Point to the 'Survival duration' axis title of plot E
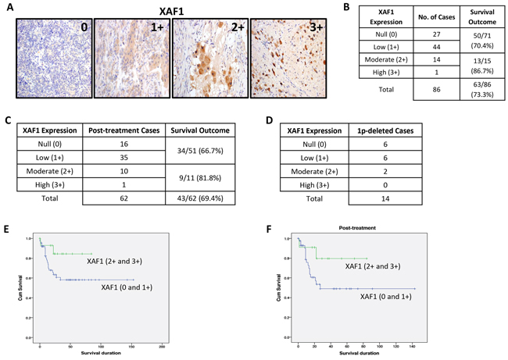(x=101, y=354)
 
